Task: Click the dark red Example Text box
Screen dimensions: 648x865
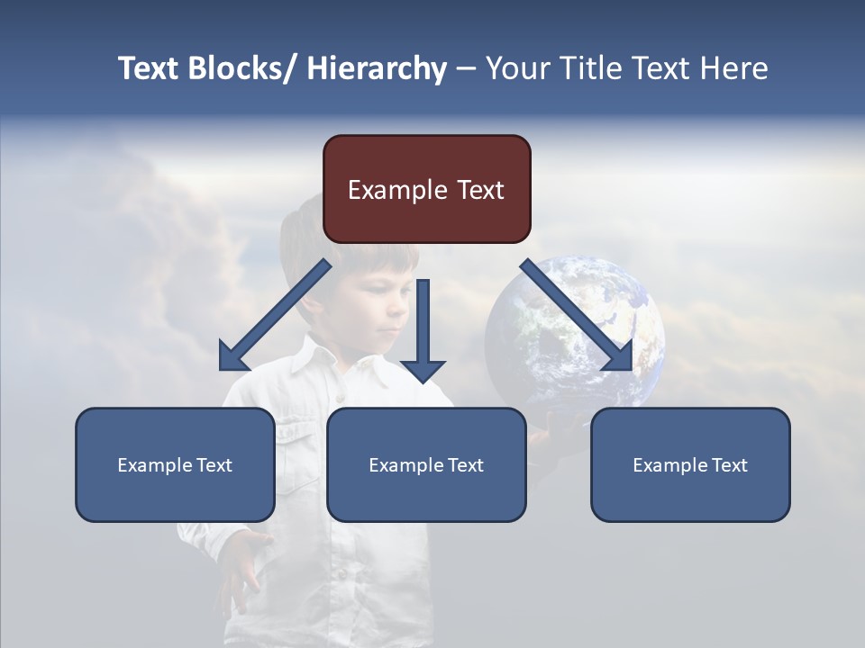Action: click(x=426, y=189)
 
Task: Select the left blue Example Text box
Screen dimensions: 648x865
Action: click(x=175, y=464)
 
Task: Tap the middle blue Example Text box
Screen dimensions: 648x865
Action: click(x=426, y=464)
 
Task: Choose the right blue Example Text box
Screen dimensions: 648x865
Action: click(x=690, y=464)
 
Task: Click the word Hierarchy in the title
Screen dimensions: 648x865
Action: click(x=377, y=68)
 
